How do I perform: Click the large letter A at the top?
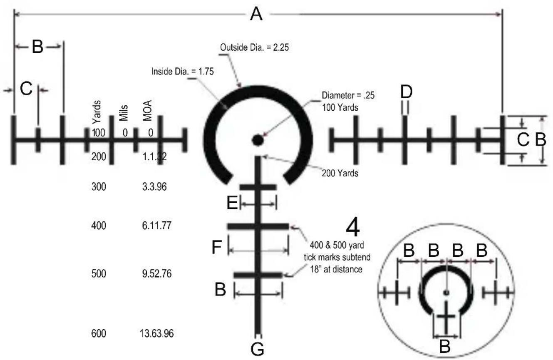point(256,14)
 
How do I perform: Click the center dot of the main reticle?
point(258,140)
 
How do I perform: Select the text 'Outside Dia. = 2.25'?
point(254,47)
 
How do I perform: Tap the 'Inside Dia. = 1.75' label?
point(182,71)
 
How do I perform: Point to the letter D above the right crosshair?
point(407,92)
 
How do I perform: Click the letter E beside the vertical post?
point(232,203)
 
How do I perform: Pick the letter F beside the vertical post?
point(217,247)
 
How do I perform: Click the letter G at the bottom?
point(258,349)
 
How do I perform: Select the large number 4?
point(352,228)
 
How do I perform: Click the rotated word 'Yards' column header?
point(97,112)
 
